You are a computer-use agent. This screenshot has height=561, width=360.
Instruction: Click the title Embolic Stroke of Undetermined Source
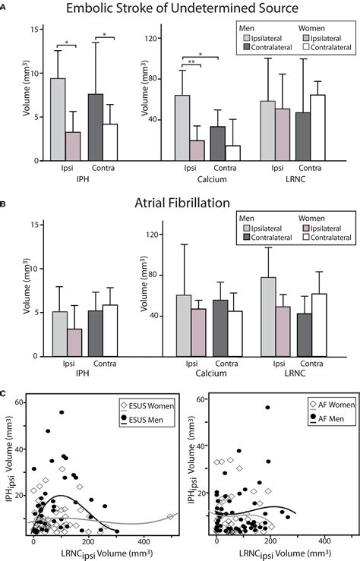click(x=180, y=9)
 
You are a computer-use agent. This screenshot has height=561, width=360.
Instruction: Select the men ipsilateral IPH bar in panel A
click(x=58, y=119)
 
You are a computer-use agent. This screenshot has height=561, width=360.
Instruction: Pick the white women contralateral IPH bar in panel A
click(x=111, y=142)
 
